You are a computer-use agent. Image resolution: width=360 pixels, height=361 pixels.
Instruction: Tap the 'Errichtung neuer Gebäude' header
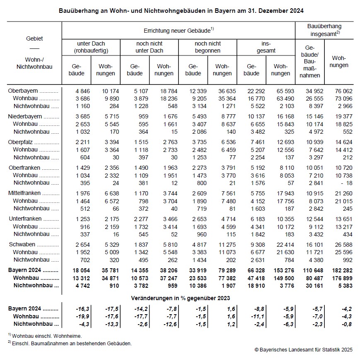178,31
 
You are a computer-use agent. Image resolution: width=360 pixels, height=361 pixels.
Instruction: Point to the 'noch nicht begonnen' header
208,47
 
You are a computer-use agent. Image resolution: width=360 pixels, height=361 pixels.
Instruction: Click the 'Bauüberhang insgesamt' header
324,29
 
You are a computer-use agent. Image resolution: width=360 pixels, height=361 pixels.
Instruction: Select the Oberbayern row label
23,91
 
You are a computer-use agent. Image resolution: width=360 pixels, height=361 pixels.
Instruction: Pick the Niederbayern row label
25,116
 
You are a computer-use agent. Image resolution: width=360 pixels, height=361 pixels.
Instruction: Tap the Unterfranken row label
25,219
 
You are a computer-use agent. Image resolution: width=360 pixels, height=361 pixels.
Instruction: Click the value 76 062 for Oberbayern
342,91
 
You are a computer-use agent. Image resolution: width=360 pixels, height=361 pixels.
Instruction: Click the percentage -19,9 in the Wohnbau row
82,316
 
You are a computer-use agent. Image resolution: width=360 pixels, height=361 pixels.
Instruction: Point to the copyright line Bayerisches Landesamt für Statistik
303,350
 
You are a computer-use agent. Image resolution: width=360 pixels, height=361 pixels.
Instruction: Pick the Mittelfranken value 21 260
342,193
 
